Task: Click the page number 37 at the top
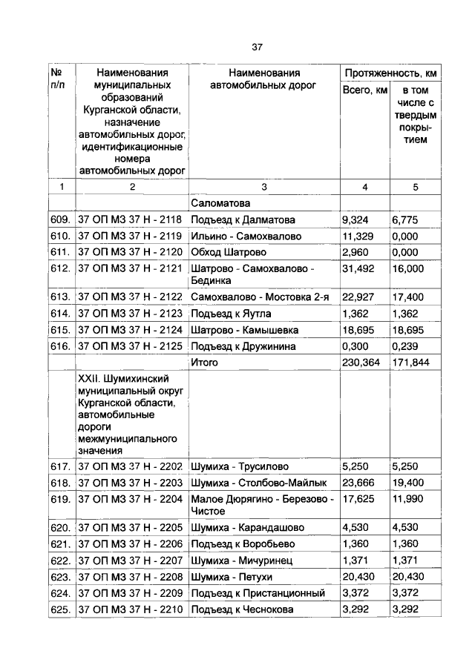(x=257, y=47)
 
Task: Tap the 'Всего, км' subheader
(x=364, y=90)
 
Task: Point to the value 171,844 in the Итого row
(x=410, y=362)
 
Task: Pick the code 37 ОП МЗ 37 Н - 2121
(x=130, y=268)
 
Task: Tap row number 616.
(x=60, y=346)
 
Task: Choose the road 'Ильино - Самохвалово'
(x=246, y=236)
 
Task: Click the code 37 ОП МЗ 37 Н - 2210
(x=130, y=609)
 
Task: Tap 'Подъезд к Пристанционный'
(x=258, y=592)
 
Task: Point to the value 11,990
(x=408, y=499)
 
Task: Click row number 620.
(x=60, y=528)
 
